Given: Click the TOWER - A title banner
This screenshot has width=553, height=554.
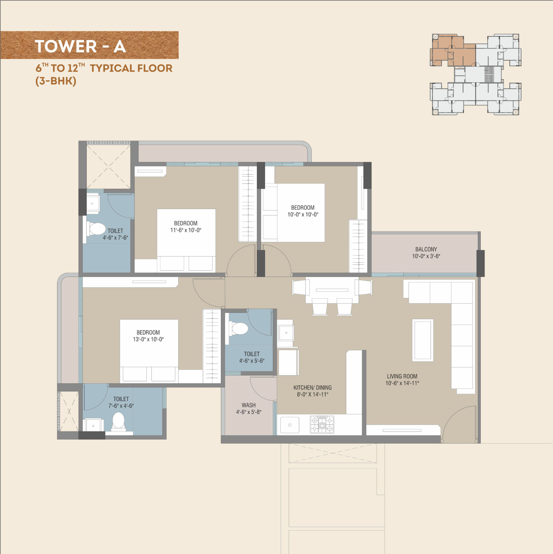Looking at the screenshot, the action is pos(89,45).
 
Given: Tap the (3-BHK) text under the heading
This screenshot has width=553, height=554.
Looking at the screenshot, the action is pos(56,81).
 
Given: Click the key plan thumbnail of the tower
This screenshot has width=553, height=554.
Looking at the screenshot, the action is pos(476,75).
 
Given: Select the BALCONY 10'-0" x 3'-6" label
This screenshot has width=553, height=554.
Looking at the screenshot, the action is pos(426,253).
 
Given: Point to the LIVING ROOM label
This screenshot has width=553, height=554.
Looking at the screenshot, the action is pos(402,376).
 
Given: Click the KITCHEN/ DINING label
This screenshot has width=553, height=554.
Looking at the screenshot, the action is pos(313,388).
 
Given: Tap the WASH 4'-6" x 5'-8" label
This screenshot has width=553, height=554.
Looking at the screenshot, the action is pos(249,409).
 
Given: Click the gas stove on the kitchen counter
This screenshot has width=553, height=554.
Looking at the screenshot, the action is pos(322,424).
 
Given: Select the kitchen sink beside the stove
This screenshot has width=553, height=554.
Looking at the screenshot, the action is pos(290,425).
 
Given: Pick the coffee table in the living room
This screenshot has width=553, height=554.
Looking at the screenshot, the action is pos(423,340).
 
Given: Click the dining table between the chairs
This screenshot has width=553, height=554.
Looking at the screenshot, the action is pos(332,290).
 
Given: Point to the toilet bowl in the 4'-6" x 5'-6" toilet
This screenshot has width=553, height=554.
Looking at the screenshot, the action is pos(238,328).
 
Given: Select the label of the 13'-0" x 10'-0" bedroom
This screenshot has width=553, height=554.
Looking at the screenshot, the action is pos(148,336).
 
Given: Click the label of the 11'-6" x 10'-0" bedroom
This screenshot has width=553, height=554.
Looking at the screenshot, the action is pos(186,227).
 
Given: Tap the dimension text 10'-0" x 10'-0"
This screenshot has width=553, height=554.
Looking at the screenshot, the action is pos(303,215).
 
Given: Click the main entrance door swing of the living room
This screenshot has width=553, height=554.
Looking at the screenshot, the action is pos(459,424).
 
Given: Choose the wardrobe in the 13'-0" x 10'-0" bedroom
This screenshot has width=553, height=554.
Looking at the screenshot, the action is pos(212,346).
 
